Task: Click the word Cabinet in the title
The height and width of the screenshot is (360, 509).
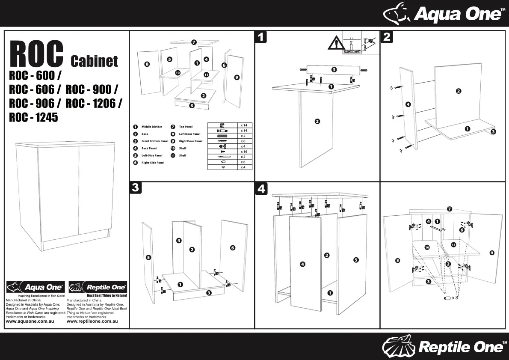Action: [x=94, y=61]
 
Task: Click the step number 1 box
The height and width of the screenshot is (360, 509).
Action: [x=261, y=37]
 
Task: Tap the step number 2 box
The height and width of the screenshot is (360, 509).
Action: [x=386, y=37]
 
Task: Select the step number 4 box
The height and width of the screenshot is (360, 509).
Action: [x=261, y=187]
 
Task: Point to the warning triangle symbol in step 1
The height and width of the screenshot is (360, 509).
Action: [x=336, y=43]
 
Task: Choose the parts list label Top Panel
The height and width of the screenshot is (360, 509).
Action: [x=186, y=127]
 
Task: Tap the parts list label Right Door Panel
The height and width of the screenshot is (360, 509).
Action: [x=190, y=141]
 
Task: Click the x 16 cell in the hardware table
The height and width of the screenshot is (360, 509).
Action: [x=244, y=152]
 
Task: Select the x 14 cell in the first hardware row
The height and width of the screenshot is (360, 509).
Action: [x=244, y=125]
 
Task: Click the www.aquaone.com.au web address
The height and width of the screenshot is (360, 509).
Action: [x=30, y=321]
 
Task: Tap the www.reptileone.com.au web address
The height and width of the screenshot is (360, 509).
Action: [x=92, y=321]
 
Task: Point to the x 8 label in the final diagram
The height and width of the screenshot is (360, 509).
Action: [x=455, y=298]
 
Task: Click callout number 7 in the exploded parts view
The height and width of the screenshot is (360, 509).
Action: [x=194, y=42]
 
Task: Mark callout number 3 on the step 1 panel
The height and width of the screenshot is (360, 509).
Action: [x=334, y=69]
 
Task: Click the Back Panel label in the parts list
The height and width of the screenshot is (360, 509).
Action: [x=149, y=149]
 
